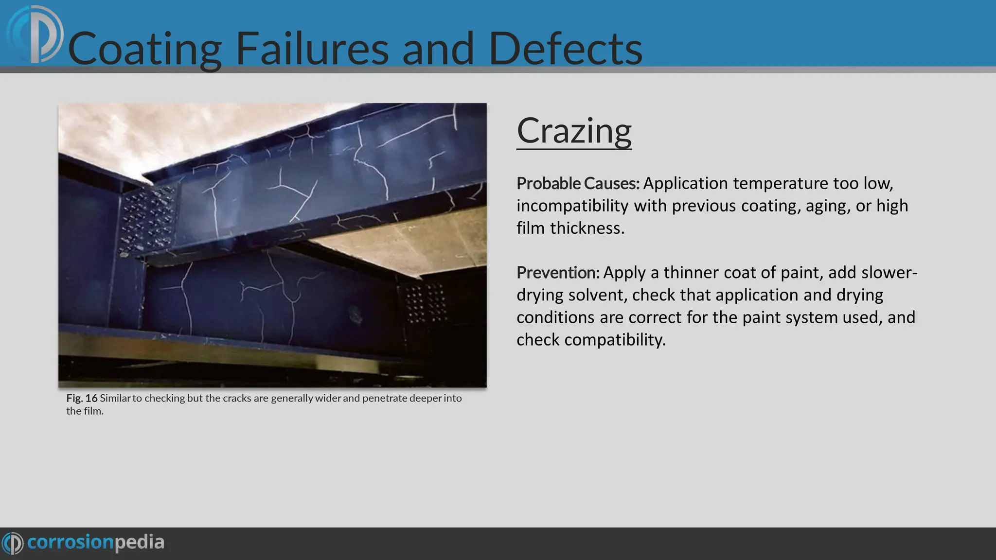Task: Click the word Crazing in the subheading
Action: coord(574,131)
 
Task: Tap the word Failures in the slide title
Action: coord(312,49)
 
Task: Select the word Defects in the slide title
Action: coord(565,49)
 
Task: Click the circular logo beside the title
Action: coord(35,34)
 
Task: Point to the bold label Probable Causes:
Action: coord(578,184)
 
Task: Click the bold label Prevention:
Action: coord(558,273)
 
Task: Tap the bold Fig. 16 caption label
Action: coord(82,398)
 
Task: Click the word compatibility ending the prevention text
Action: coord(615,340)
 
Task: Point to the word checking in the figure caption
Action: coord(165,399)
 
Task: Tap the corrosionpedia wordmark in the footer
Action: coord(96,542)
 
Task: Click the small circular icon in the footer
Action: coord(12,543)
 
